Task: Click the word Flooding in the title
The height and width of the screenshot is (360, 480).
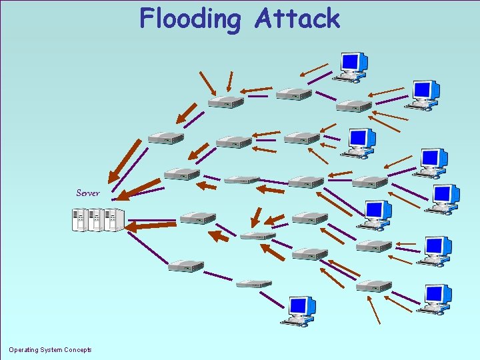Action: pos(191,19)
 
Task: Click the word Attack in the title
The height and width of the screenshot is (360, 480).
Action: pos(297,18)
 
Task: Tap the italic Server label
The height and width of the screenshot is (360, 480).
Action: pos(87,193)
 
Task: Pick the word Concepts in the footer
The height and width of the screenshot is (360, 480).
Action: pos(77,350)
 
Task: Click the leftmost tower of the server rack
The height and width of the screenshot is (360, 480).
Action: pos(80,220)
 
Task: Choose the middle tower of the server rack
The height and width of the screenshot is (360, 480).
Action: pos(97,220)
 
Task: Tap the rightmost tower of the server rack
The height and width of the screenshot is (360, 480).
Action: pos(114,220)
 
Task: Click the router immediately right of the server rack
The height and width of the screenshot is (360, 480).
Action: pos(197,218)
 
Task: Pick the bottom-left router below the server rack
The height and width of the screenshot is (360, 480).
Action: pos(185,266)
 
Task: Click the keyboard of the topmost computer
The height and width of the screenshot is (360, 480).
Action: pos(347,78)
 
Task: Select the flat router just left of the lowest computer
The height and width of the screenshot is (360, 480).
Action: pos(254,284)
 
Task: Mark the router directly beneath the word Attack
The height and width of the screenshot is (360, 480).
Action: pos(293,94)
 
